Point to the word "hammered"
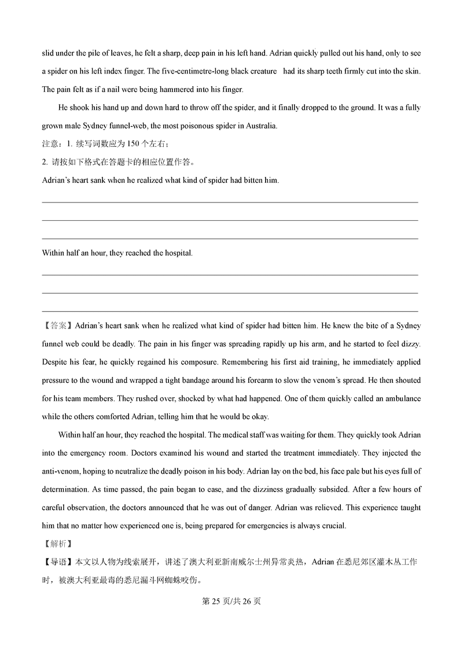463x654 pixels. coord(178,89)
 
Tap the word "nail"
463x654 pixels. coord(126,89)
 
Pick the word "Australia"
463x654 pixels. coord(260,125)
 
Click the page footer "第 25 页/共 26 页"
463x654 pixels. coord(231,601)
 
